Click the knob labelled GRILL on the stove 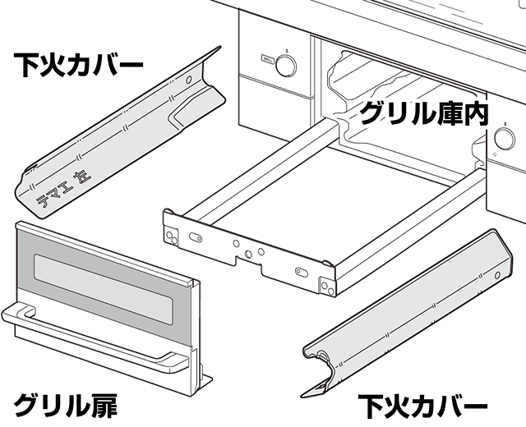284,67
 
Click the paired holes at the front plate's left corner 170,227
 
